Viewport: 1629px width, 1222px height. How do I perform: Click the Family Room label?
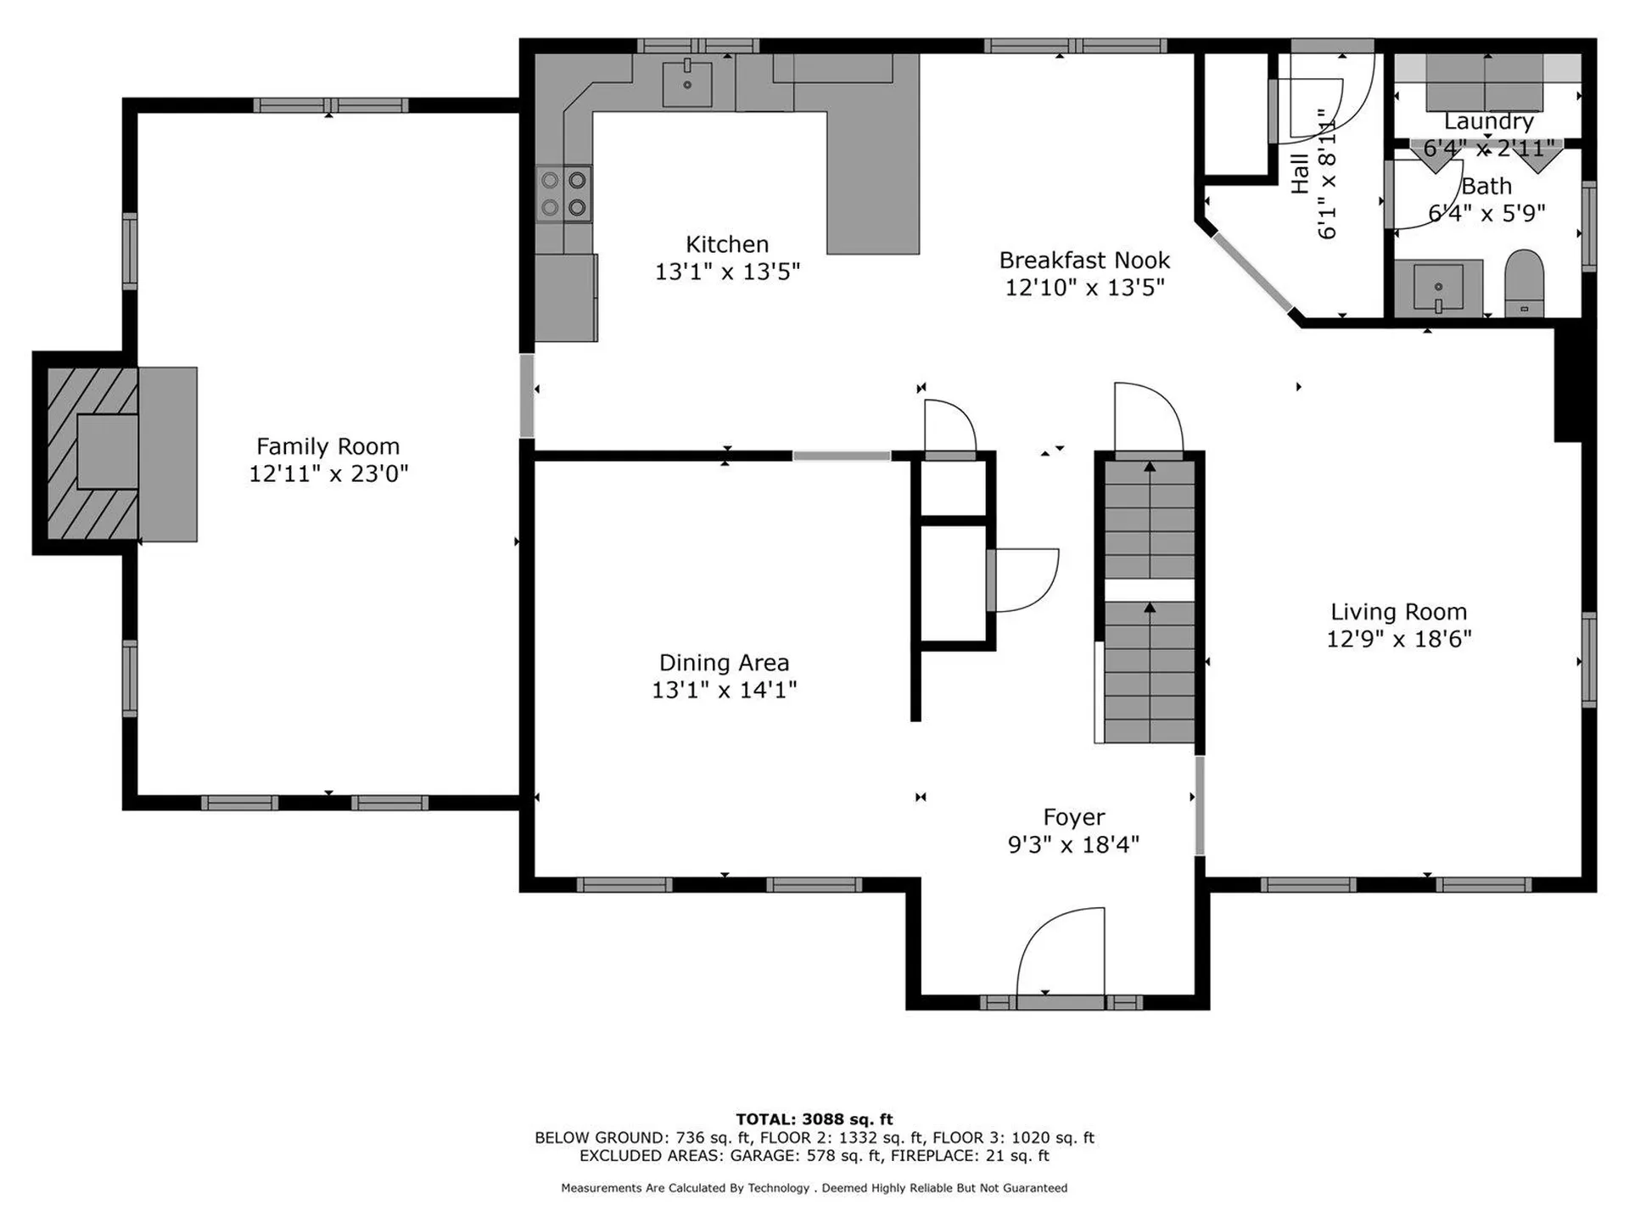pyautogui.click(x=327, y=446)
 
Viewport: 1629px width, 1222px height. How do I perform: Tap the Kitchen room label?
pyautogui.click(x=727, y=244)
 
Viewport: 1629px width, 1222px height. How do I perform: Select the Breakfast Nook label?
pyautogui.click(x=1084, y=260)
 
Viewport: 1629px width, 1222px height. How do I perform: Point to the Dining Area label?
pyautogui.click(x=724, y=663)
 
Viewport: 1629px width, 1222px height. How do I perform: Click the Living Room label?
pyautogui.click(x=1398, y=612)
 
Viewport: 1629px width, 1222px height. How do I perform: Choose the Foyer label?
pyautogui.click(x=1073, y=817)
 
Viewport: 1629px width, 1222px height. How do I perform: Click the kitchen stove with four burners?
pyautogui.click(x=564, y=193)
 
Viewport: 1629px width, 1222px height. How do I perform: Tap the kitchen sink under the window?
pyautogui.click(x=687, y=83)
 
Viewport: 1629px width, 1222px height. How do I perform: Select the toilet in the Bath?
pyautogui.click(x=1524, y=283)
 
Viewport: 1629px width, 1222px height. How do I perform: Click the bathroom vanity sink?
pyautogui.click(x=1438, y=288)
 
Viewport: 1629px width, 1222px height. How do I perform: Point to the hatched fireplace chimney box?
pyautogui.click(x=92, y=453)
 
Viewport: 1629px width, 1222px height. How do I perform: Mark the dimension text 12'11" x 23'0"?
pyautogui.click(x=328, y=474)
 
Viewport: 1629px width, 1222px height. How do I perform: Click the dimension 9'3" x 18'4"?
pyautogui.click(x=1073, y=844)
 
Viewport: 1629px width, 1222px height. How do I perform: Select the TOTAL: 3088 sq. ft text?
pyautogui.click(x=814, y=1119)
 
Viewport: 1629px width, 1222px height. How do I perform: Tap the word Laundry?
pyautogui.click(x=1489, y=121)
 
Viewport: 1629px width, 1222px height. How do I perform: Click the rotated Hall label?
pyautogui.click(x=1300, y=174)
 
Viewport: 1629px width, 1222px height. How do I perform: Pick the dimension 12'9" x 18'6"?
pyautogui.click(x=1398, y=639)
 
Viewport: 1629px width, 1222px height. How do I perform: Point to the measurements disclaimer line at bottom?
pyautogui.click(x=814, y=1188)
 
